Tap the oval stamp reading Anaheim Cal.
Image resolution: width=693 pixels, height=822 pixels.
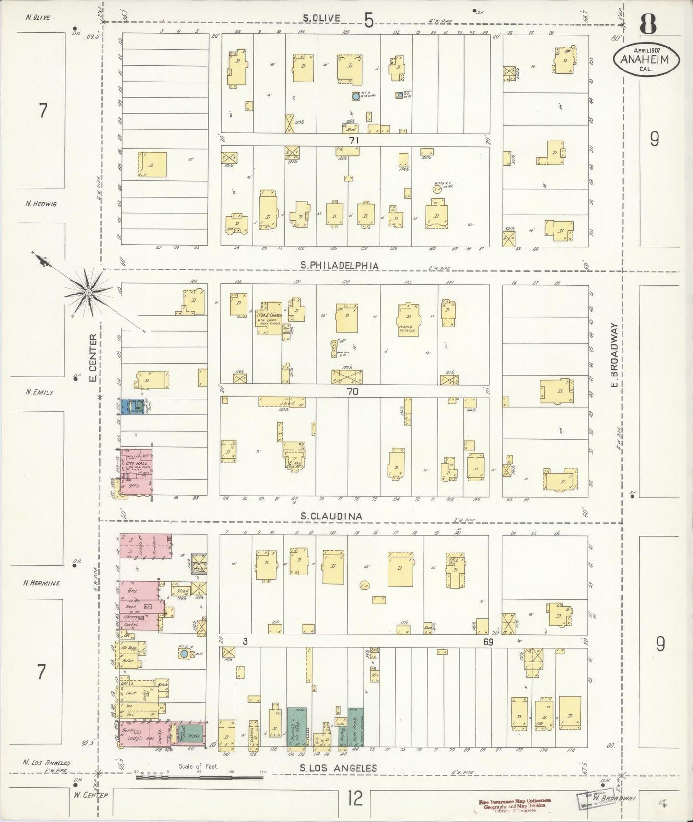[647, 59]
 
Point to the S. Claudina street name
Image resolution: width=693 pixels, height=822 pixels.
[331, 516]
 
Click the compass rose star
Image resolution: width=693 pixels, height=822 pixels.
[88, 291]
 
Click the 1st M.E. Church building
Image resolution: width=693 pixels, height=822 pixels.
[268, 318]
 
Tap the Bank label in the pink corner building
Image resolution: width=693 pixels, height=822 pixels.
[127, 731]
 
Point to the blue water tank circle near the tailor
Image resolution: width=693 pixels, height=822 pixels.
[184, 654]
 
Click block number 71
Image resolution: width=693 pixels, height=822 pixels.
[354, 141]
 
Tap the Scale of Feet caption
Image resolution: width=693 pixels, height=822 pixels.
[199, 766]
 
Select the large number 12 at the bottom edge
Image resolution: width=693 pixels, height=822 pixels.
[355, 799]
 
